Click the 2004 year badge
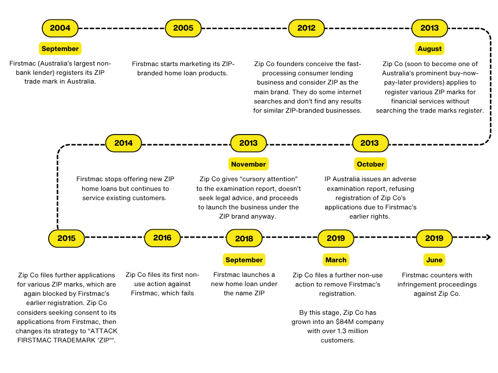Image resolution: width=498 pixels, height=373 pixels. pos(60,28)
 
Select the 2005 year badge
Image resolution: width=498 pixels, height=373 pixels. pos(183,28)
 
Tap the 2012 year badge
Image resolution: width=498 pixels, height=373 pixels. pos(306,28)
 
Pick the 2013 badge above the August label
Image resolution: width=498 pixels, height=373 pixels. pos(429,28)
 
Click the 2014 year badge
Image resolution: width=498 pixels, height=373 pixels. pos(124,143)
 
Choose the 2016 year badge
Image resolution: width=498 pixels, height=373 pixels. pos(162,238)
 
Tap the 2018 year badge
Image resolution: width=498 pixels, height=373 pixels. pos(244,238)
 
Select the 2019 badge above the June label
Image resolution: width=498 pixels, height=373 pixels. pos(434,238)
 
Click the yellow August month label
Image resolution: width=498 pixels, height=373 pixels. pos(429,49)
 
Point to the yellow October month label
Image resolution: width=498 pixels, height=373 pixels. pos(370,164)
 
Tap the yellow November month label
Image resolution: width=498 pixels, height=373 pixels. pos(249,164)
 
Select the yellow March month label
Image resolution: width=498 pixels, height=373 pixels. pos(336,260)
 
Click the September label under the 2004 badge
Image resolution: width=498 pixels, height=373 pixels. pos(60,49)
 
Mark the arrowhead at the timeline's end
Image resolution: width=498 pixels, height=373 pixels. pos(488,237)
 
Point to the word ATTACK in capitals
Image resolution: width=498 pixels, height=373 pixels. pos(104,331)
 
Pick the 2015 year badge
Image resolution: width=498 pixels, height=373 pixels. pos(66,238)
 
